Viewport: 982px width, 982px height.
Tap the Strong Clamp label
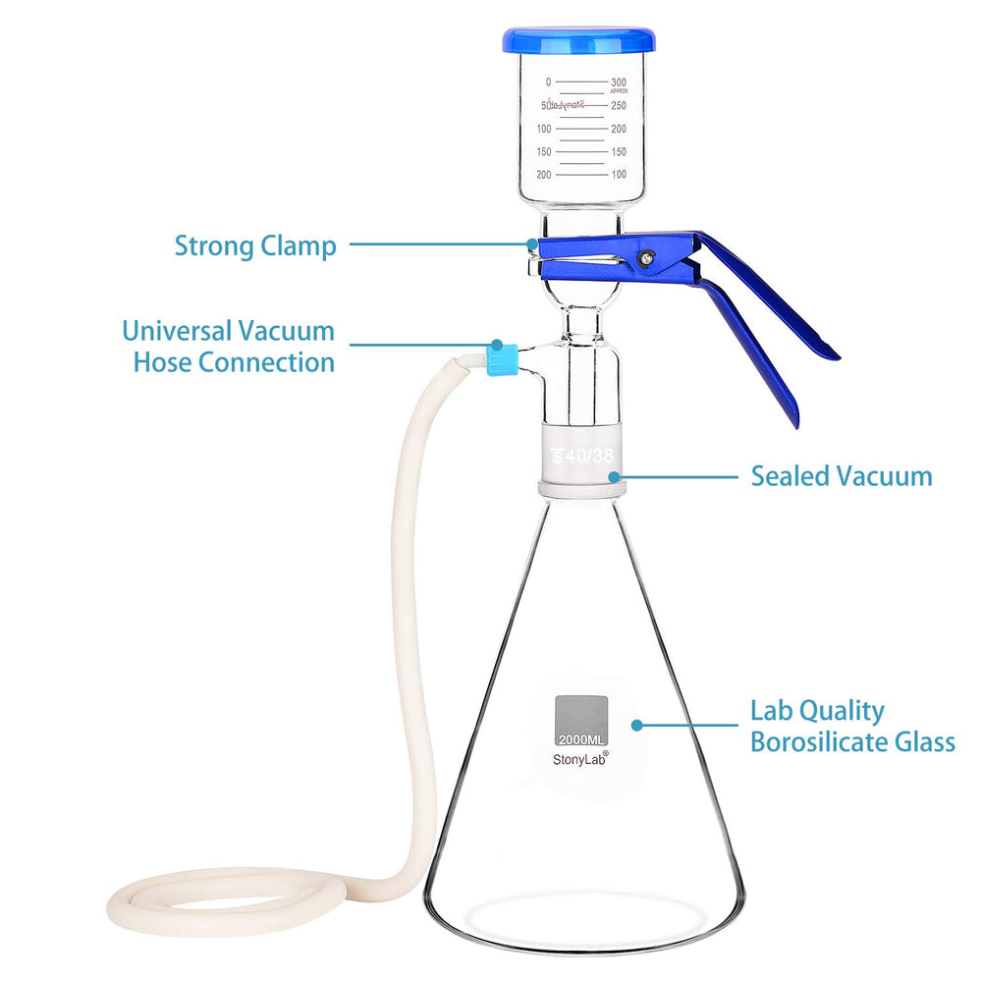tap(255, 245)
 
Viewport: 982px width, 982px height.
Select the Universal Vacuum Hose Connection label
tap(229, 346)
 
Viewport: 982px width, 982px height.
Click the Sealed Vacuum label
tap(842, 476)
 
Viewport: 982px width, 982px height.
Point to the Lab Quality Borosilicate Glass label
tap(852, 726)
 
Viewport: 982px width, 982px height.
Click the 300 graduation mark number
tap(618, 82)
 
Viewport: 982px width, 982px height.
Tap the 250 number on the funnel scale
tap(618, 105)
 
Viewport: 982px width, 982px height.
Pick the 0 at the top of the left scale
tap(548, 82)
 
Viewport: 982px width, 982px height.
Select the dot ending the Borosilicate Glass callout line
tap(637, 726)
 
